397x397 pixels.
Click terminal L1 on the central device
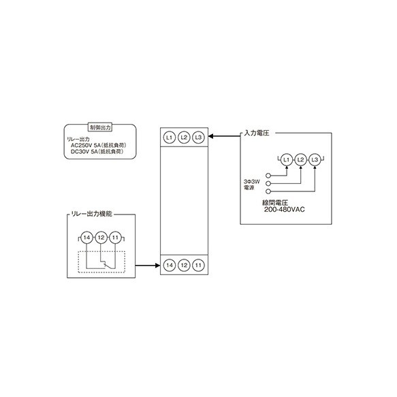170,138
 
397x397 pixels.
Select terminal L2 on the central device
184,138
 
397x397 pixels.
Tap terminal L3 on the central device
198,138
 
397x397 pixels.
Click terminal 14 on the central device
170,265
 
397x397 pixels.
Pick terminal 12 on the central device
184,265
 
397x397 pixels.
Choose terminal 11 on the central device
198,265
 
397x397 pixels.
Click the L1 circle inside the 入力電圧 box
287,160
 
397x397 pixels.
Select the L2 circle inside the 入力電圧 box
300,160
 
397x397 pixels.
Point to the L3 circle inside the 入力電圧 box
315,160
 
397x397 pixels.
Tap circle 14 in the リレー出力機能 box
87,238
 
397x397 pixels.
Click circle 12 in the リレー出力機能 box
101,238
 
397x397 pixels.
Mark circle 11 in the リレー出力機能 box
115,238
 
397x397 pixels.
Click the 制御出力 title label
100,127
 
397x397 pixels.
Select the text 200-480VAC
285,210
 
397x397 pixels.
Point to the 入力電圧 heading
257,133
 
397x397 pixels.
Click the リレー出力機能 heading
91,214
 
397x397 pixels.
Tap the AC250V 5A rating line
99,145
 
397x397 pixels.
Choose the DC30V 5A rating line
97,152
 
